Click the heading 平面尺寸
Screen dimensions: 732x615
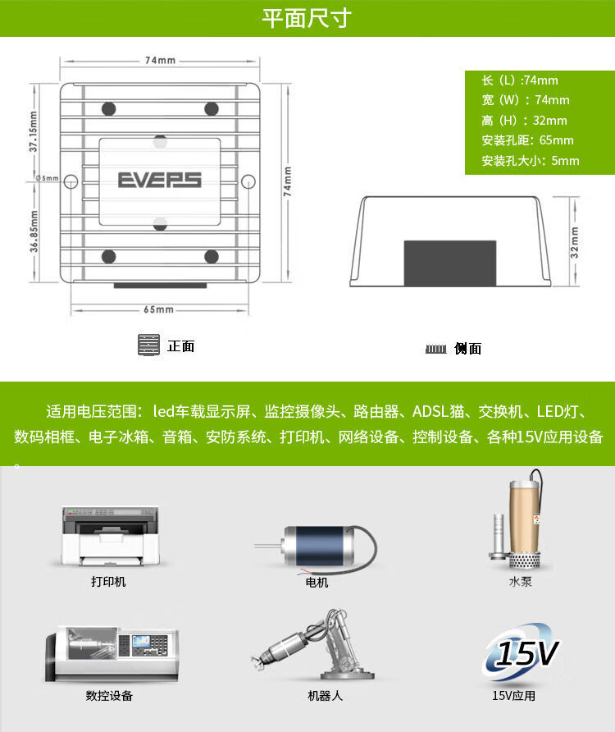pyautogui.click(x=307, y=18)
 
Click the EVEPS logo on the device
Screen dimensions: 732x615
pyautogui.click(x=159, y=180)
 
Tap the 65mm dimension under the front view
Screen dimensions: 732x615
pyautogui.click(x=158, y=309)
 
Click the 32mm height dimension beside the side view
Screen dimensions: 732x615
pyautogui.click(x=575, y=242)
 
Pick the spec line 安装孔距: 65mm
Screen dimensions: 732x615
pyautogui.click(x=527, y=140)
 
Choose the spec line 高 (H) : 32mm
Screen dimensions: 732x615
pyautogui.click(x=526, y=120)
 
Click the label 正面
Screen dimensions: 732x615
pyautogui.click(x=180, y=346)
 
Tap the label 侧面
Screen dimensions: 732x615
pyautogui.click(x=467, y=349)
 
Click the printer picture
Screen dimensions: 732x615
pyautogui.click(x=109, y=536)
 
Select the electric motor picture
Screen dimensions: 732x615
pyautogui.click(x=316, y=547)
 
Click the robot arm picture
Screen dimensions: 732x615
pyautogui.click(x=316, y=644)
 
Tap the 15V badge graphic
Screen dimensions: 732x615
pyautogui.click(x=519, y=652)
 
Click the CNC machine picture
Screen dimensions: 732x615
pyautogui.click(x=108, y=652)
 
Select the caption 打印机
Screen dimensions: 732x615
pyautogui.click(x=108, y=582)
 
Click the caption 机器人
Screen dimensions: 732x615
pyautogui.click(x=317, y=696)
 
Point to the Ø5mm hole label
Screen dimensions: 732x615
pyautogui.click(x=48, y=178)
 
